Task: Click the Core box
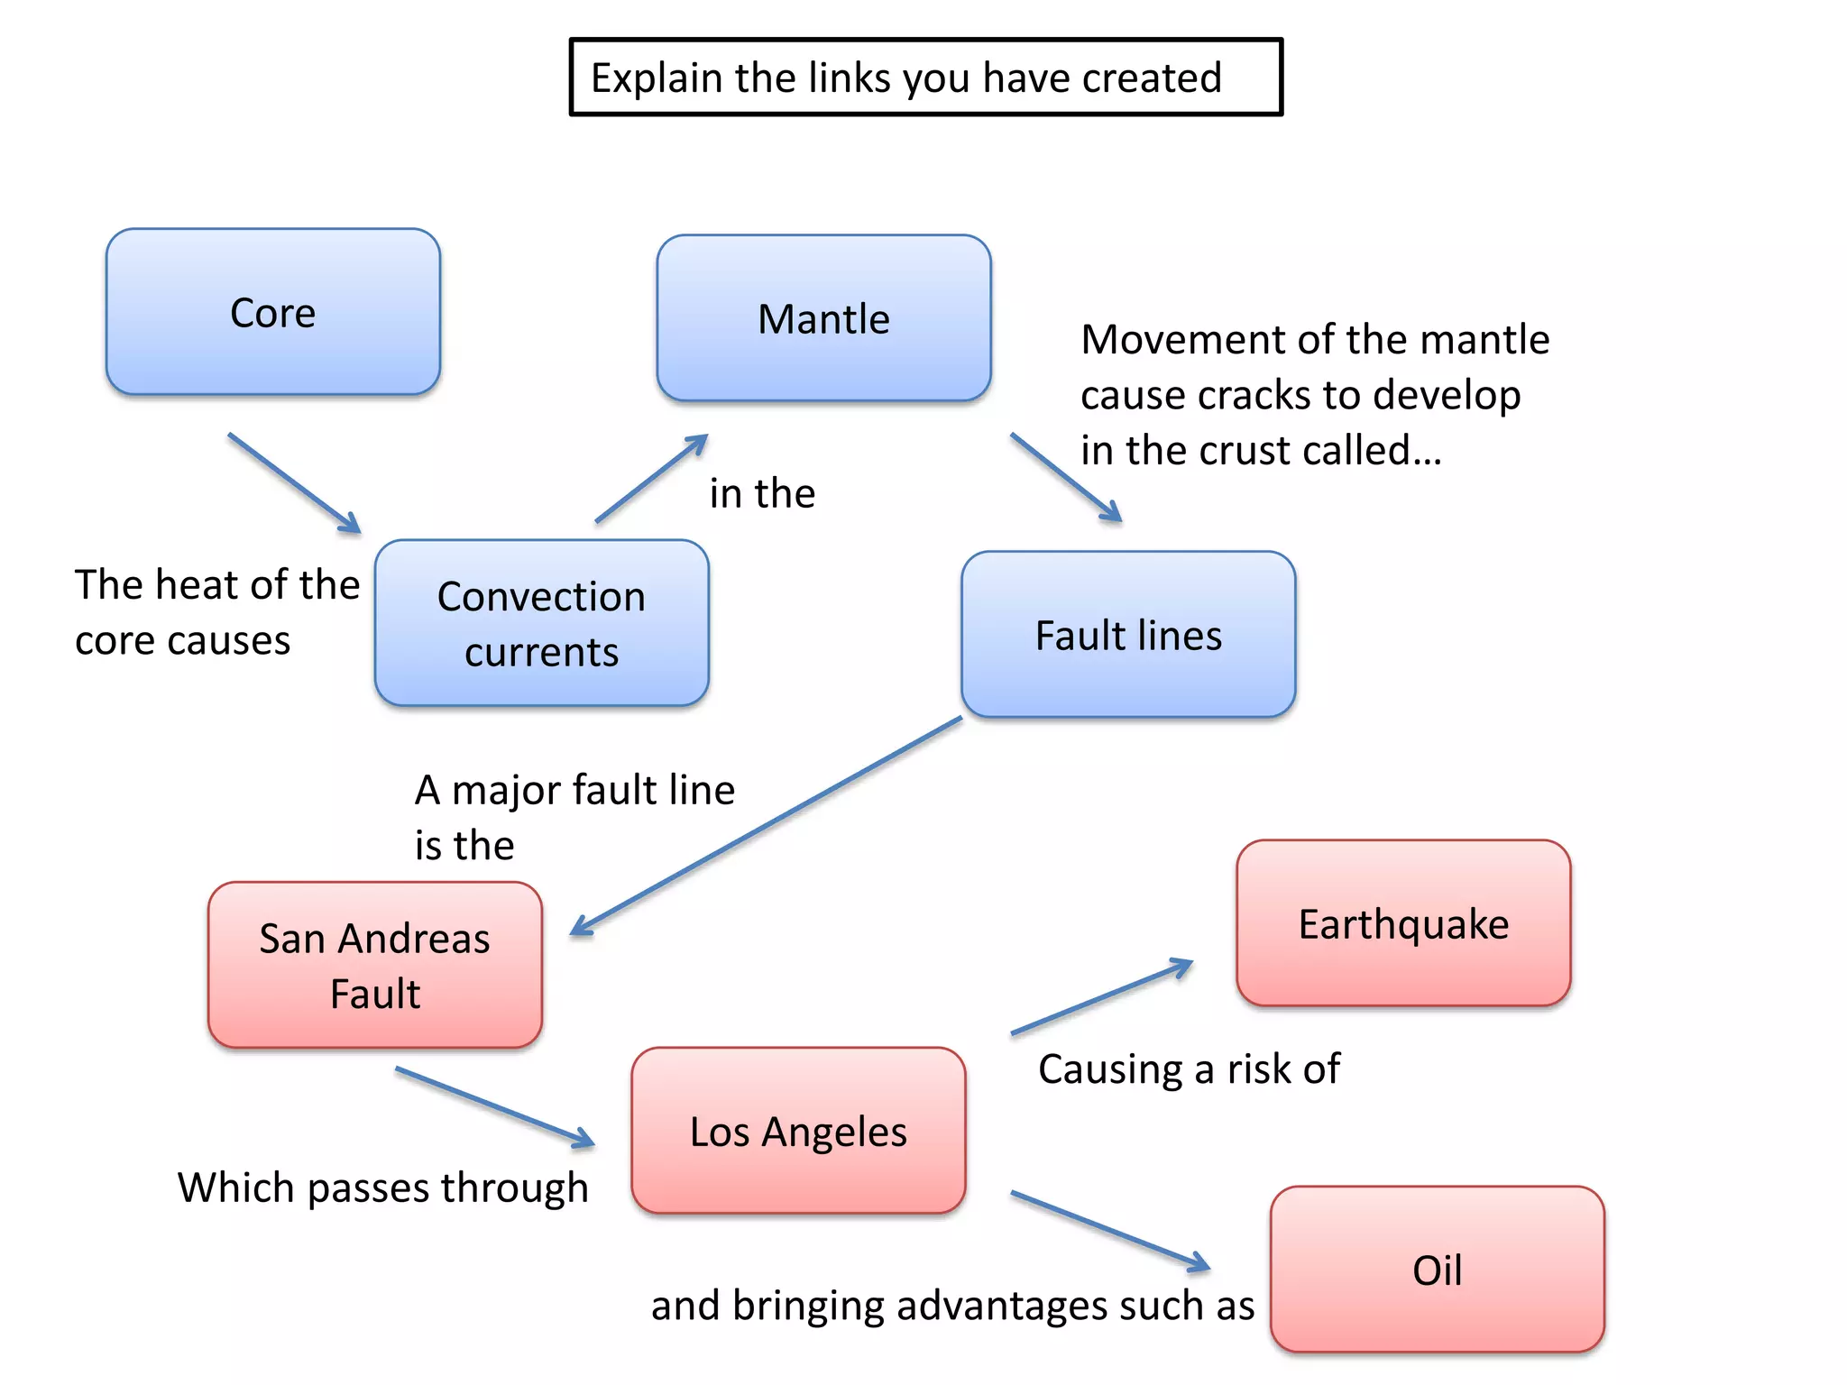272,312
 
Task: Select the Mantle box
823,318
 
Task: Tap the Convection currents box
541,623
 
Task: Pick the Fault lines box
1128,635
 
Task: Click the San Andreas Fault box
374,965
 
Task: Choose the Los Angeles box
798,1131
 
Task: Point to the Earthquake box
1403,923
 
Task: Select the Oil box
1437,1270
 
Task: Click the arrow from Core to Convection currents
294,483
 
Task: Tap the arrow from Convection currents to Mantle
651,479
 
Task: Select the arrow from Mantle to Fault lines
1066,477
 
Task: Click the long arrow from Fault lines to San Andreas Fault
767,826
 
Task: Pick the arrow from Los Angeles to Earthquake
1101,997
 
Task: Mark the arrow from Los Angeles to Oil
1109,1231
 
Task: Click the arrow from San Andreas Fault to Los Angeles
494,1107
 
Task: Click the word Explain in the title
657,78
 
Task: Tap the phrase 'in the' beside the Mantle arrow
762,493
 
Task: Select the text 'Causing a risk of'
1189,1069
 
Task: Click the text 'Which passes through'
382,1188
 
